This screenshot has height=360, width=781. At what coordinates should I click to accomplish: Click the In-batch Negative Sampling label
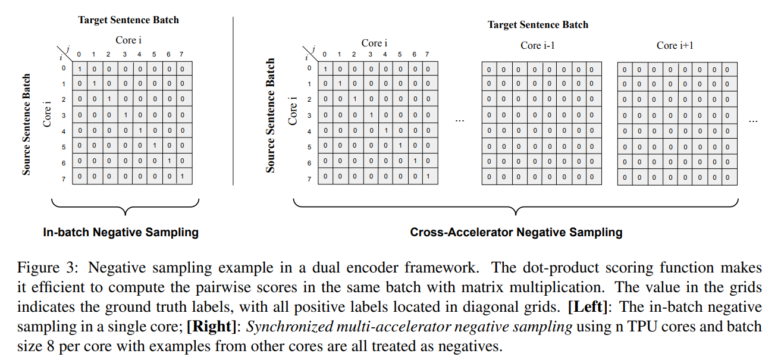[121, 232]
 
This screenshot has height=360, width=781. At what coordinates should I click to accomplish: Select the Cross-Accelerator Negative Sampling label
[516, 232]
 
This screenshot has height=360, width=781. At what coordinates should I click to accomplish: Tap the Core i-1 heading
[538, 45]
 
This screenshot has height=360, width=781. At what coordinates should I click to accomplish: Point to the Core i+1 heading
[675, 45]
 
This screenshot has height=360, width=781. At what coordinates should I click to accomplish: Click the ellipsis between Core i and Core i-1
[459, 120]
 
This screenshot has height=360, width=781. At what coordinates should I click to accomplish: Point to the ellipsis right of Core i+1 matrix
[753, 120]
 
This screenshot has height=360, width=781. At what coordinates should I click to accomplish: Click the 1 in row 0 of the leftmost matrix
[79, 69]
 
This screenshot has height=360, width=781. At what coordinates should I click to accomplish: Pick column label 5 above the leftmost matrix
[153, 55]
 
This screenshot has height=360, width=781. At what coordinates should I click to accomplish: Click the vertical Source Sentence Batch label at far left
[27, 124]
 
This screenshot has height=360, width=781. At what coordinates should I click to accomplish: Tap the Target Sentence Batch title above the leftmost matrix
[128, 20]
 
